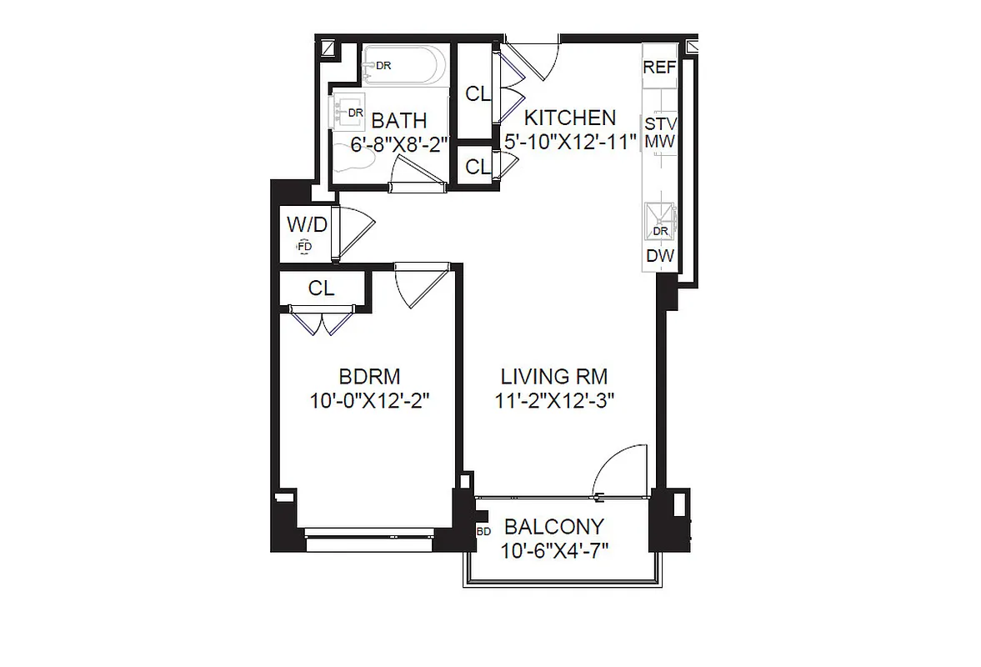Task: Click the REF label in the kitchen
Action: coord(658,68)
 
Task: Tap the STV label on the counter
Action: coord(659,123)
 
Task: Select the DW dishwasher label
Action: coord(659,257)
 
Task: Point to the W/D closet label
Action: coord(306,225)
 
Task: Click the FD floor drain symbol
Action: coord(305,247)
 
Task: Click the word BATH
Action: coord(398,122)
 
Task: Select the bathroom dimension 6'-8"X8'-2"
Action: coord(399,143)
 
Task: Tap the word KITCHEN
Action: coord(569,118)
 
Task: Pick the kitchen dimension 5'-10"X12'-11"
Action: coord(570,140)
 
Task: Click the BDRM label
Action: coord(369,376)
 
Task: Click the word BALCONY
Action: coord(553,527)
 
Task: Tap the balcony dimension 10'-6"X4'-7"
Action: coord(554,550)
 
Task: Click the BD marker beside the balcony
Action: coord(483,530)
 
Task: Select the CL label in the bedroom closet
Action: coord(321,289)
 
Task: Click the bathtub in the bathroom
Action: coord(404,65)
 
